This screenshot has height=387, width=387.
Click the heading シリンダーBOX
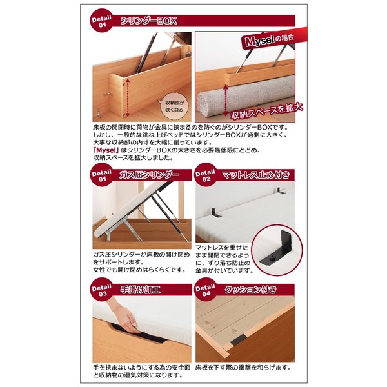tap(149, 21)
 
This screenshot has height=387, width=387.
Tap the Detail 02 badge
tap(205, 175)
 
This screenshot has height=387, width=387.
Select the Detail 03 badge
tap(102, 289)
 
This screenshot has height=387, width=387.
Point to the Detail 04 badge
tap(205, 289)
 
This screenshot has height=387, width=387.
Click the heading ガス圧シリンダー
tap(150, 175)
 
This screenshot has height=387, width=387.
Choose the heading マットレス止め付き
tap(255, 175)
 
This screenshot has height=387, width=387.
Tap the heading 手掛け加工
tap(140, 289)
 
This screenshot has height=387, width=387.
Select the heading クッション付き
tap(250, 289)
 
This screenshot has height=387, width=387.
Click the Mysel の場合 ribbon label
tap(270, 40)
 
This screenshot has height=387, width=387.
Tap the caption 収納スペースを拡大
tap(266, 112)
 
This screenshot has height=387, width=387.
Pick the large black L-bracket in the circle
tap(277, 249)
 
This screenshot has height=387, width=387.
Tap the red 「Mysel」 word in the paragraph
tap(106, 150)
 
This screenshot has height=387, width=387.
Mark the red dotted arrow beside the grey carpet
tap(225, 101)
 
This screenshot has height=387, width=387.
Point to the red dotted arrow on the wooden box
tap(128, 98)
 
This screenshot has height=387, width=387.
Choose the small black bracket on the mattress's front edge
tap(215, 213)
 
